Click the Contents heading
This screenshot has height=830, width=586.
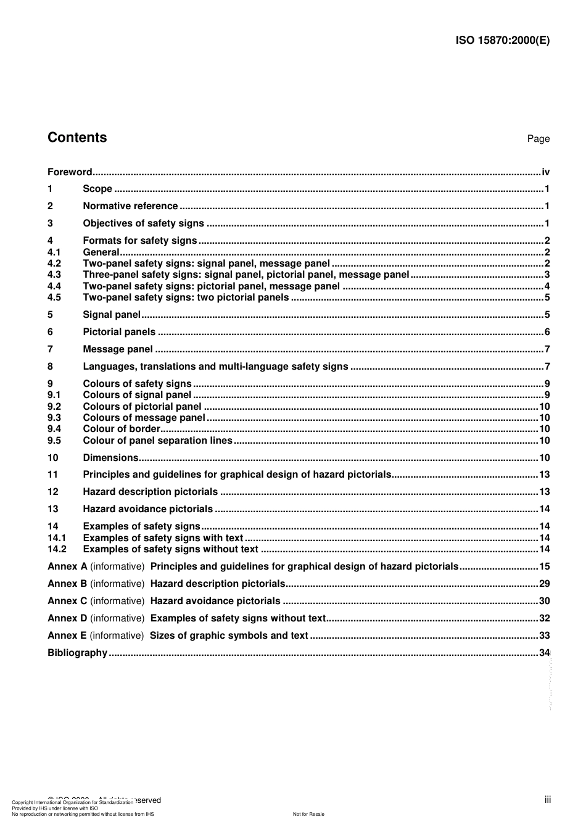point(77,138)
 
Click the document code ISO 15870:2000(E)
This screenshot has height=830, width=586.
point(502,41)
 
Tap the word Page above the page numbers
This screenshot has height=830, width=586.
point(538,139)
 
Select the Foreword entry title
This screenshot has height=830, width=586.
point(70,172)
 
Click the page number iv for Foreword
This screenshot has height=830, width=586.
point(545,172)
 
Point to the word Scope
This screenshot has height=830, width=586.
point(97,189)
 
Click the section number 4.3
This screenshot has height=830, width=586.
point(54,275)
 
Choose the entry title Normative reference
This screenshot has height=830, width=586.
point(130,206)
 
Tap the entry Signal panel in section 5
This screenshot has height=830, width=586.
point(112,315)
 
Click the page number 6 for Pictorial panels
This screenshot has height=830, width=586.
point(547,332)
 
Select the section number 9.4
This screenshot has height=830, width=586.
point(54,429)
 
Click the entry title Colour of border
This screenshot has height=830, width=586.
point(122,429)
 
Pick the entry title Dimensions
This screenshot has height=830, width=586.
point(110,458)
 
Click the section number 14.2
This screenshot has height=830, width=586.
point(57,549)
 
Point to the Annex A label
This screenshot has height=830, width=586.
point(67,566)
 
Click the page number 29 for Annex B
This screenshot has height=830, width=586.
point(544,584)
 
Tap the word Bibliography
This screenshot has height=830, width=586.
point(77,653)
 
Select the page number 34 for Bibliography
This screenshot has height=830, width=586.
point(544,653)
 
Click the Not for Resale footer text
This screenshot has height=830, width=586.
point(308,814)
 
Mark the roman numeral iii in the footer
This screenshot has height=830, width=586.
point(548,800)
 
